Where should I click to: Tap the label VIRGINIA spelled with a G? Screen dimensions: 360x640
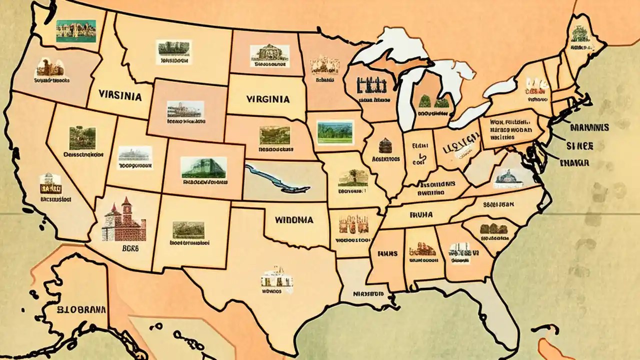268,99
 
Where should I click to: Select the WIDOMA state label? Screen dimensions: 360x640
294,219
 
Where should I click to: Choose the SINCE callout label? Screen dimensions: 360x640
579,145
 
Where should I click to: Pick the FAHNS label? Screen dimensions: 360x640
387,253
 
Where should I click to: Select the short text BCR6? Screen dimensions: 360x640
123,247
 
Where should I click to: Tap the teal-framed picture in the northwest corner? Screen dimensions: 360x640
76,31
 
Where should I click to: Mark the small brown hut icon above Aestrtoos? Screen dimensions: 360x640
384,146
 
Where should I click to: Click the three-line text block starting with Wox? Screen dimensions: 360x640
509,128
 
